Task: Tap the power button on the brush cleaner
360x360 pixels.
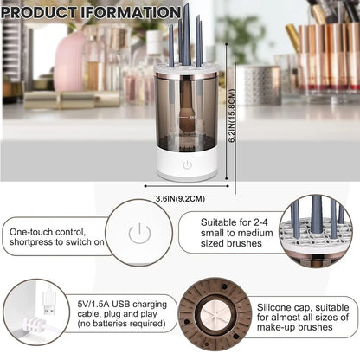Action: pyautogui.click(x=188, y=164)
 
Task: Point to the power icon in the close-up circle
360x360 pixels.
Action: pyautogui.click(x=138, y=233)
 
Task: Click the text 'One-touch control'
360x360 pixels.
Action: pyautogui.click(x=47, y=232)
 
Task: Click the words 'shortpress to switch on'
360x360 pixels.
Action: pyautogui.click(x=58, y=243)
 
